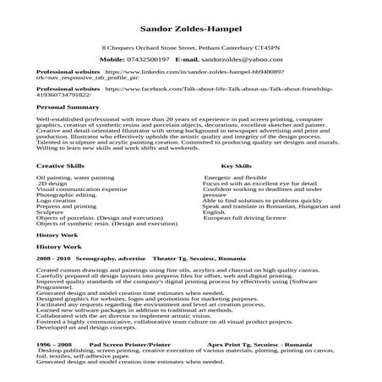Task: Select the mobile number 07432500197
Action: [x=145, y=61]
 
